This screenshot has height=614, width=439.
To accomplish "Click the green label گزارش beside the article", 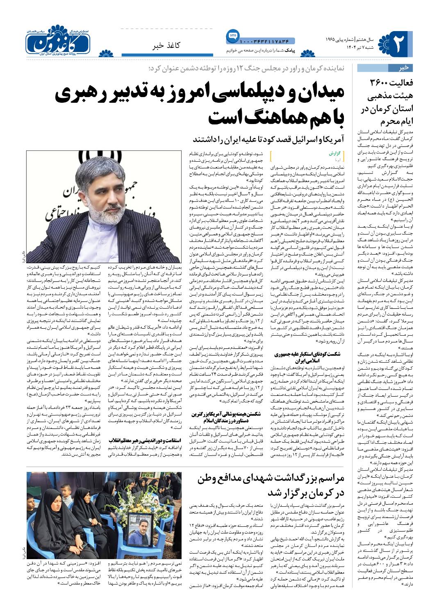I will (x=336, y=153).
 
